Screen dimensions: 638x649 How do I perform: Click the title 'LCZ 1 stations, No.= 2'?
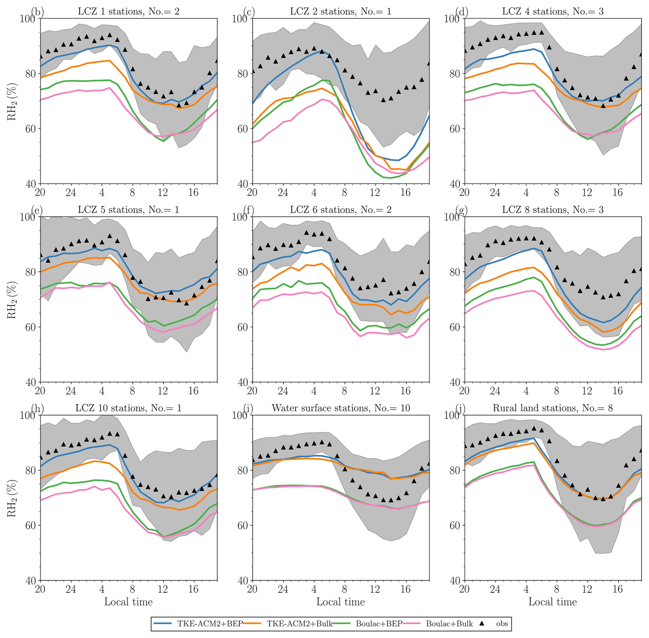pos(128,12)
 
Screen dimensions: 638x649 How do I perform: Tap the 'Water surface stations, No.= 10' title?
pos(341,408)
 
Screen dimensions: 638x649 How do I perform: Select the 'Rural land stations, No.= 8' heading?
pos(553,408)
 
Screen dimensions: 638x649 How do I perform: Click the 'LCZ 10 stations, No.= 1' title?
pos(128,408)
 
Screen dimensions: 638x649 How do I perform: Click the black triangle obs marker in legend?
pos(482,623)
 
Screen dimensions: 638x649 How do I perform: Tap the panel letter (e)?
pos(37,210)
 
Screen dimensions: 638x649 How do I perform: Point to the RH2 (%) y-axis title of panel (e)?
pos(12,299)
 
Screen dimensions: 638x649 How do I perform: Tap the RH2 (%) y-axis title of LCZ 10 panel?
pos(12,498)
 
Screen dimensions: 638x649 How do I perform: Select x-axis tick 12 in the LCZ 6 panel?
pos(375,391)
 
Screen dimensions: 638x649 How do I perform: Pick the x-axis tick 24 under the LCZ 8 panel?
pos(495,391)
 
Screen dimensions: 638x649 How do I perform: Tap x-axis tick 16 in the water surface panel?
pos(405,589)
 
